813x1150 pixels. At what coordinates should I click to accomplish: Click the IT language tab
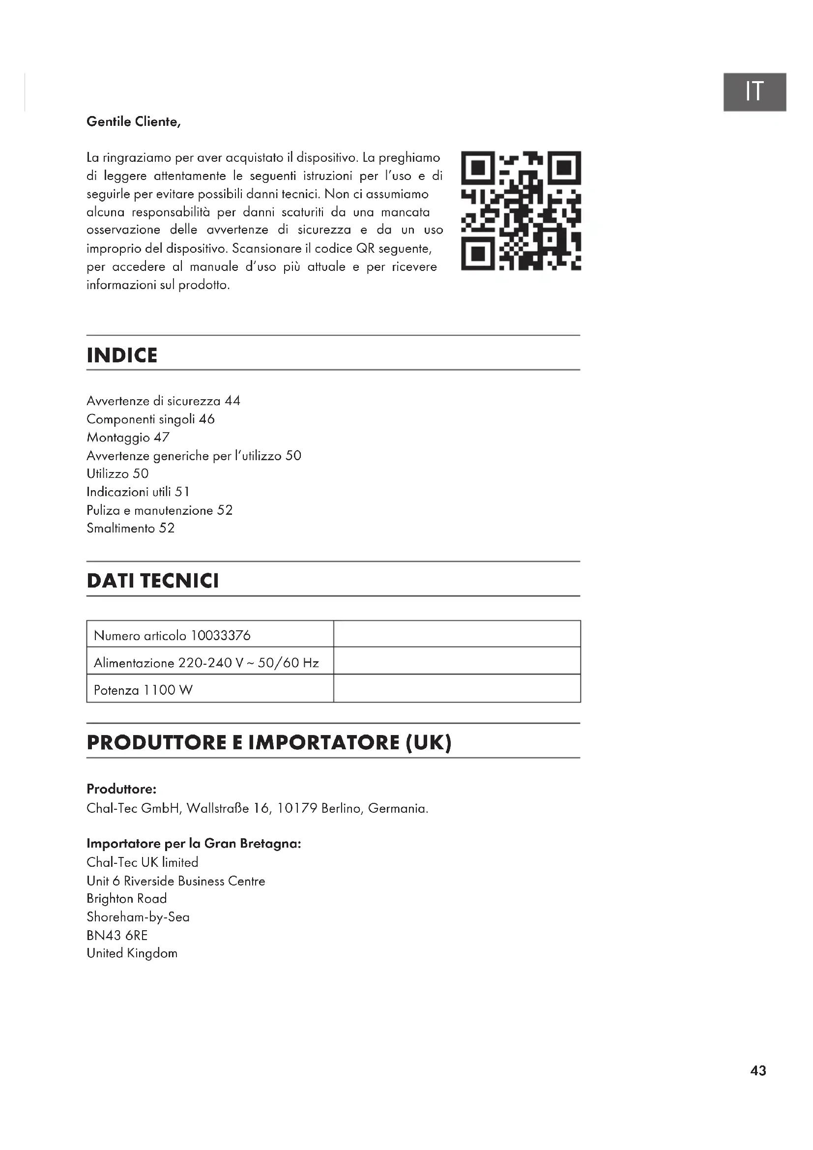754,92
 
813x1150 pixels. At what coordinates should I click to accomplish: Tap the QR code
521,210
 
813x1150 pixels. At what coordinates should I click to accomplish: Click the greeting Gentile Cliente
133,122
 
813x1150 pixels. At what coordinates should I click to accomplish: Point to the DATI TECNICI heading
153,581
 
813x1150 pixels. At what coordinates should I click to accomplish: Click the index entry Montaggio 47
128,437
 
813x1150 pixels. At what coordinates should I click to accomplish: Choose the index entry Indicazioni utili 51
138,492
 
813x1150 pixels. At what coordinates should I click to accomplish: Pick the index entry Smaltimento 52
131,528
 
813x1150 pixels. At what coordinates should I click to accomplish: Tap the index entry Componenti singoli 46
151,419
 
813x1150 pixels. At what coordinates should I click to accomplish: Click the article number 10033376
221,636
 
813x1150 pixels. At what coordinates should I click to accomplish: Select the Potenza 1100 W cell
143,690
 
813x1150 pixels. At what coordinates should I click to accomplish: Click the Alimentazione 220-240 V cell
206,663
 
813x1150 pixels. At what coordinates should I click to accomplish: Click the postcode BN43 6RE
117,935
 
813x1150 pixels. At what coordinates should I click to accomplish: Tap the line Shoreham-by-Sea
138,917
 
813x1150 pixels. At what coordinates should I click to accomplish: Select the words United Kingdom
132,953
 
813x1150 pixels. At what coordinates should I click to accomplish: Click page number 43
758,1071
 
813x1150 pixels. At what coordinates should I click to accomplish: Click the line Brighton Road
127,899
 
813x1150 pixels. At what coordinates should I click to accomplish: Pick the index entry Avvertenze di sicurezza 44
163,401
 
